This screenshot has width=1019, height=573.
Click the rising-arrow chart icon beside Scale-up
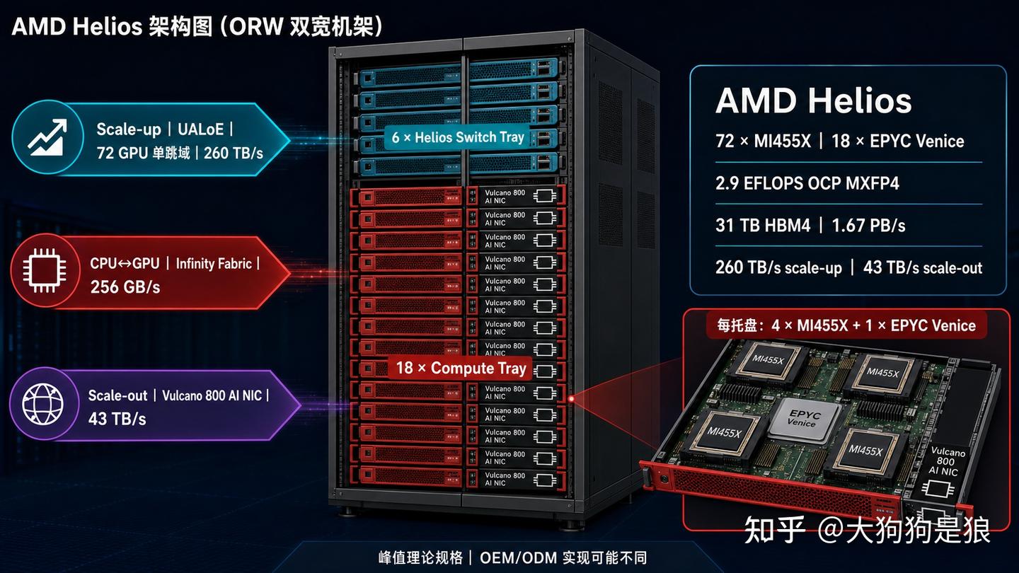point(47,137)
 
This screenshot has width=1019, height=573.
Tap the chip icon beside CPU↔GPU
point(45,270)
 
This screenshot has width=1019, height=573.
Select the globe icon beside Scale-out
point(43,404)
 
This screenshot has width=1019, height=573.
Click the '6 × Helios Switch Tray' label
point(458,137)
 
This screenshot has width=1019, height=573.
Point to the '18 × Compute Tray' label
point(461,368)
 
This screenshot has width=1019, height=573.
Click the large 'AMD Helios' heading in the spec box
point(814,100)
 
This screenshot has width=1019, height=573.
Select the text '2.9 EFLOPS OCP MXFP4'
point(807,183)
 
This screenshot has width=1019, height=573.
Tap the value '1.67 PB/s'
point(868,226)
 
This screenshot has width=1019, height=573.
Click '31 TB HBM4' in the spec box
point(763,226)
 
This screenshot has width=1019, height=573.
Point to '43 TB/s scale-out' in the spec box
point(923,267)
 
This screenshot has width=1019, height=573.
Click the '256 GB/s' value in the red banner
point(125,287)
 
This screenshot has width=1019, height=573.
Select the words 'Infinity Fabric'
point(214,264)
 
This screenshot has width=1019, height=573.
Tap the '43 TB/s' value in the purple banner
point(117,418)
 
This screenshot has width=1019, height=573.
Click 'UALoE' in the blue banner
point(201,129)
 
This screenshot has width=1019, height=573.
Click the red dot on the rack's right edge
point(571,399)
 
